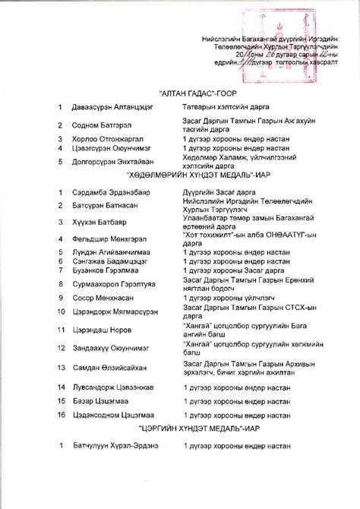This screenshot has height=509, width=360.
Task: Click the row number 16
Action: point(60,416)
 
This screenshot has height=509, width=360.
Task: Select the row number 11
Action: point(60,330)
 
